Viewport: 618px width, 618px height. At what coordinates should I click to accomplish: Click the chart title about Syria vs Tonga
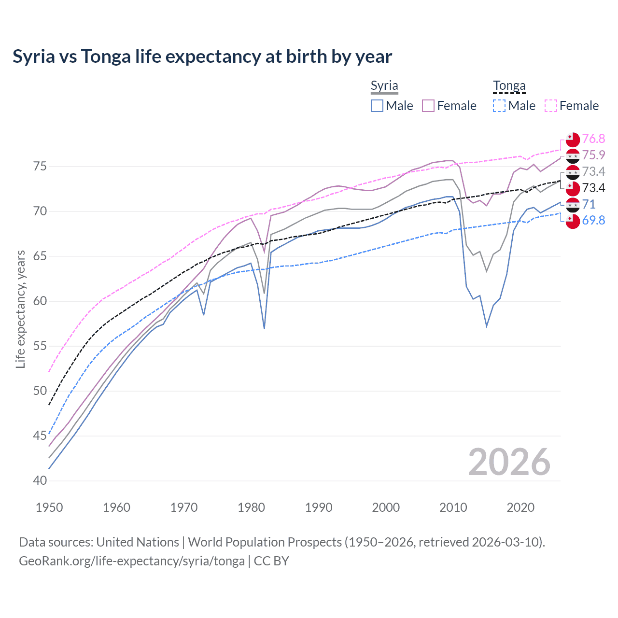pyautogui.click(x=202, y=56)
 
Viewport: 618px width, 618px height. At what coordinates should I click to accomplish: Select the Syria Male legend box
pyautogui.click(x=377, y=106)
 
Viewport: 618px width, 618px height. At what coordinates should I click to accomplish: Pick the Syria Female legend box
pyautogui.click(x=428, y=106)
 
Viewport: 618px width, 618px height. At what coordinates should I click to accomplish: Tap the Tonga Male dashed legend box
pyautogui.click(x=499, y=106)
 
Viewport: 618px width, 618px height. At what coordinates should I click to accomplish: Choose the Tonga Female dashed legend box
pyautogui.click(x=551, y=106)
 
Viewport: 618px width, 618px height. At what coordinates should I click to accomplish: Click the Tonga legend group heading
pyautogui.click(x=509, y=86)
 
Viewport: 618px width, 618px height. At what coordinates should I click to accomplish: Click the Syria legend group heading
pyautogui.click(x=384, y=86)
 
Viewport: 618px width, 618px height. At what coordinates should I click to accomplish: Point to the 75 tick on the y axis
pyautogui.click(x=40, y=167)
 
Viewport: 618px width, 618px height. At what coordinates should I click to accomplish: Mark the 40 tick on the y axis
pyautogui.click(x=40, y=481)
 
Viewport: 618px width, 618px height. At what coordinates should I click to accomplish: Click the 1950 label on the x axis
pyautogui.click(x=49, y=507)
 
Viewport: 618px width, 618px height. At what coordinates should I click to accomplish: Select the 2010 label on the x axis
pyautogui.click(x=453, y=507)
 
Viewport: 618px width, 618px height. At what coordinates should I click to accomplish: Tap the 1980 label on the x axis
pyautogui.click(x=251, y=507)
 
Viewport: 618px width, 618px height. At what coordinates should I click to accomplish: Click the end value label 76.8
pyautogui.click(x=593, y=139)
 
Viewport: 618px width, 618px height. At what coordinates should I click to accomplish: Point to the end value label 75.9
pyautogui.click(x=593, y=155)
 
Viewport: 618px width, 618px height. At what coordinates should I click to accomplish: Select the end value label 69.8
pyautogui.click(x=593, y=221)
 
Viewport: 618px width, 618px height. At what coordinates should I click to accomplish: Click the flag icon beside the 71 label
pyautogui.click(x=573, y=205)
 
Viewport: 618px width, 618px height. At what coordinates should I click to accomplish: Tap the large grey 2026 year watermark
pyautogui.click(x=509, y=462)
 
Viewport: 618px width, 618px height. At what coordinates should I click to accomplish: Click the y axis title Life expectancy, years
pyautogui.click(x=20, y=309)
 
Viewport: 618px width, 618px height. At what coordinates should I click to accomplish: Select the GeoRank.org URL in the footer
pyautogui.click(x=131, y=561)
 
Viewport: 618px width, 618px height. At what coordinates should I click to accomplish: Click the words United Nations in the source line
pyautogui.click(x=138, y=542)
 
